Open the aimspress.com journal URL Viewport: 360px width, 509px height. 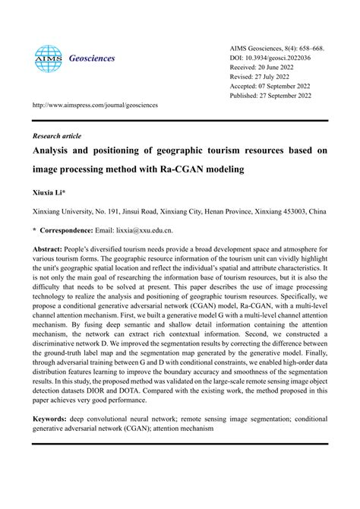point(95,105)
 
